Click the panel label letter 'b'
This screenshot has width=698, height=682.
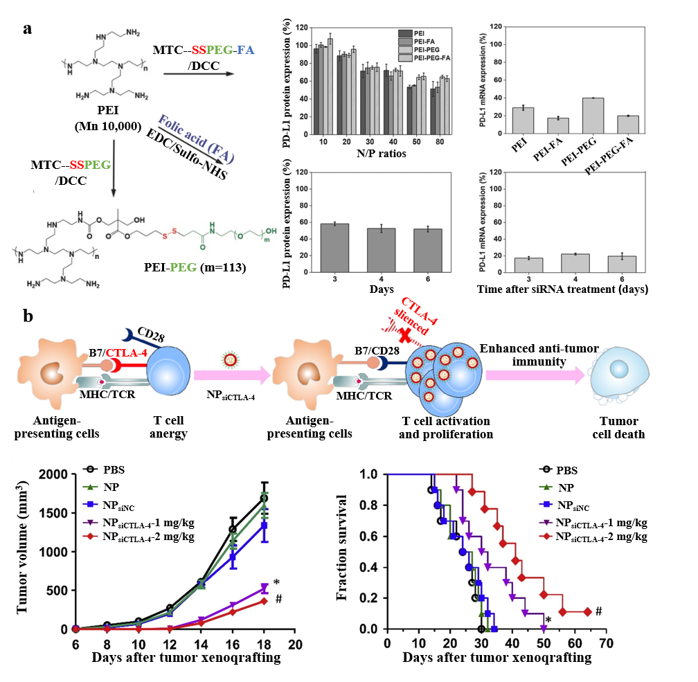click(28, 316)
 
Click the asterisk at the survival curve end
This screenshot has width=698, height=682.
click(547, 620)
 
